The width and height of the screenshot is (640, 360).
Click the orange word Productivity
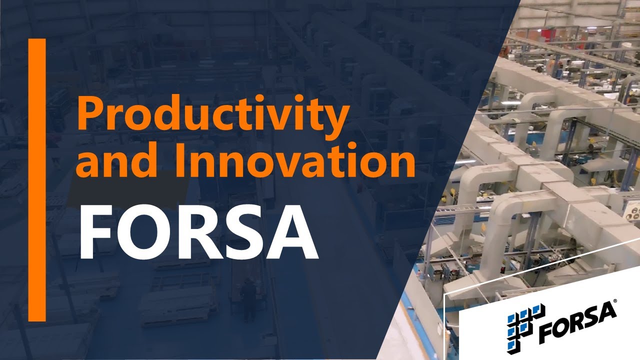click(x=212, y=115)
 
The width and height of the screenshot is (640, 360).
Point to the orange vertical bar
click(x=37, y=180)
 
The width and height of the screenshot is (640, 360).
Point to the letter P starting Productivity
click(x=90, y=114)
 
